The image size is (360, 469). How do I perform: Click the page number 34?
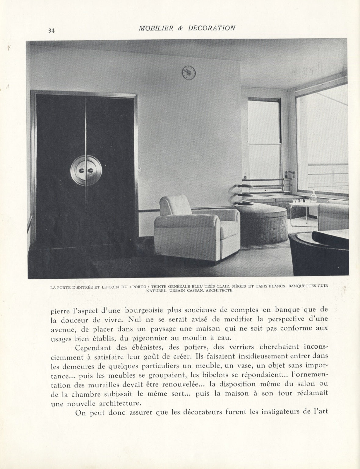click(51, 31)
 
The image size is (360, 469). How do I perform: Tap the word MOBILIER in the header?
click(157, 28)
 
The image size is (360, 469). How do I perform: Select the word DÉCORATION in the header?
click(215, 28)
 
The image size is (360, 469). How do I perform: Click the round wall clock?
click(189, 72)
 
